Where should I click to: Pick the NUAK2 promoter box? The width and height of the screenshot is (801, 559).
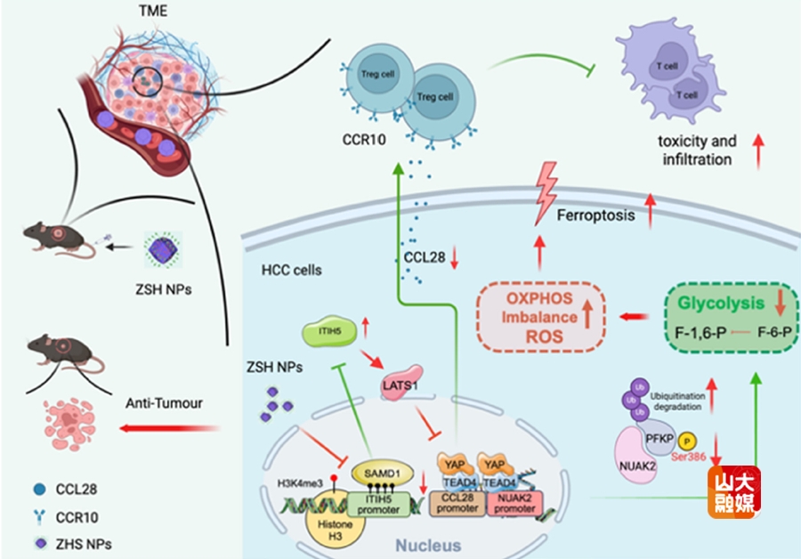point(514,503)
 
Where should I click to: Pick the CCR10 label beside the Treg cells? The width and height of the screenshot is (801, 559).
point(366,140)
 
